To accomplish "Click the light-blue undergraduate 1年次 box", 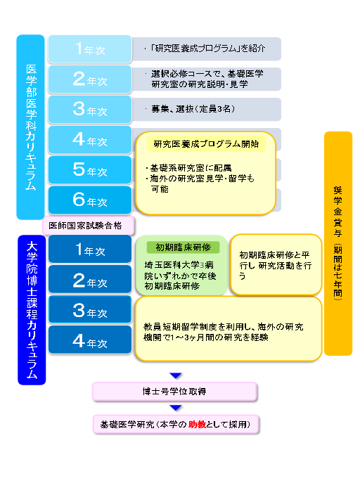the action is tap(90, 49).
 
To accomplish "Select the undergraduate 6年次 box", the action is tap(90, 200).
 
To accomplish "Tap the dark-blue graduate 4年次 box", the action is tap(90, 340).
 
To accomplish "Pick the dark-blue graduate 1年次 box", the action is tap(90, 249).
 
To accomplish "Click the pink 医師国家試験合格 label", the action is tap(89, 225).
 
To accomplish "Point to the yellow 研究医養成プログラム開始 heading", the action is tap(206, 143).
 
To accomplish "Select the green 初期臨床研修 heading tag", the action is tap(183, 247).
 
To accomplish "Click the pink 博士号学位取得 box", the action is tap(174, 392).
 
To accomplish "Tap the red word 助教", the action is tap(197, 424).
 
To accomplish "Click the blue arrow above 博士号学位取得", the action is tap(176, 375).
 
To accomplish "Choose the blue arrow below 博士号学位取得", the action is tap(176, 408).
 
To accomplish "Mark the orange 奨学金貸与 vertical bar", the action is tap(338, 243).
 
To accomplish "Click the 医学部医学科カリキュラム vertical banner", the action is tap(30, 127).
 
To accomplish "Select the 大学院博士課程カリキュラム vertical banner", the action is tap(32, 310).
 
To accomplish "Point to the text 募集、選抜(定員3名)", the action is tap(193, 109).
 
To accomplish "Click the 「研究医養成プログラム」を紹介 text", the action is tap(207, 48).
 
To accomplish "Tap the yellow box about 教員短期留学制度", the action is tap(229, 329).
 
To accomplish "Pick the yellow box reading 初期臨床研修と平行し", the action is tap(276, 265).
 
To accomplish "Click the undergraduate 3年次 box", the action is tap(90, 110).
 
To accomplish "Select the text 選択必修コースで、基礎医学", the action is tap(207, 74).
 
